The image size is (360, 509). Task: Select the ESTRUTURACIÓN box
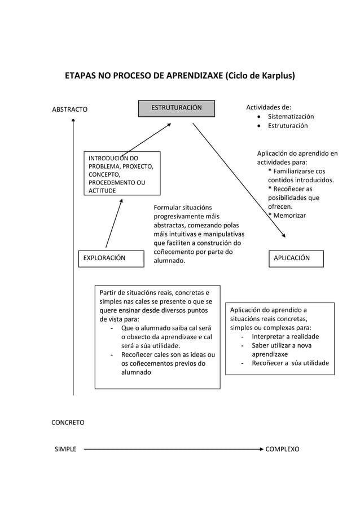tap(177, 108)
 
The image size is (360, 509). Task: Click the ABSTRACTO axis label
tap(70, 109)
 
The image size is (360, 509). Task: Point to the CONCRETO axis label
tap(68, 422)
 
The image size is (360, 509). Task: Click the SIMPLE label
tap(65, 449)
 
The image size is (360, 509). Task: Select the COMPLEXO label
tap(282, 449)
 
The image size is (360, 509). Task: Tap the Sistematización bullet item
tap(291, 116)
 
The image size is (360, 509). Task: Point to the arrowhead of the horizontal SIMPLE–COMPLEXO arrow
tap(261, 449)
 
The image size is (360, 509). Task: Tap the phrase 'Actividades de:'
tap(269, 107)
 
